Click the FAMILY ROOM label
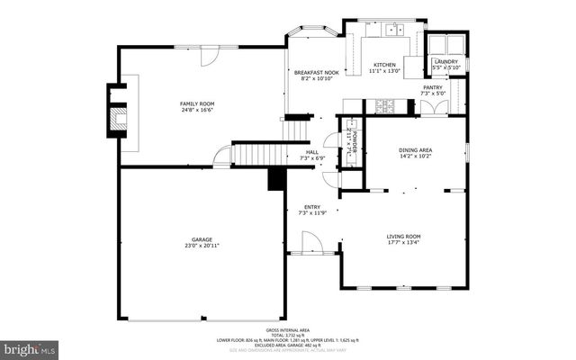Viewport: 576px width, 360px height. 195,104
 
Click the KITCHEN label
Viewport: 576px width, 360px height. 385,65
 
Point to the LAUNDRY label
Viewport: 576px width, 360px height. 445,61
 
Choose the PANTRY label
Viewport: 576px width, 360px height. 433,87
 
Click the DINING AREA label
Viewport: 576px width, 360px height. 415,150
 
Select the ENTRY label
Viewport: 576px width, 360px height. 311,207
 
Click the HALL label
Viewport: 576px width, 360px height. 311,152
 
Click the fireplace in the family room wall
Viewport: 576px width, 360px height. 118,112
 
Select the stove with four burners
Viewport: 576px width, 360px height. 386,105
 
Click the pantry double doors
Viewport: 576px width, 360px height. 433,107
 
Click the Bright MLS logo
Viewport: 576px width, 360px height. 29,346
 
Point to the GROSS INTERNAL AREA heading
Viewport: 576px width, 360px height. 287,331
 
